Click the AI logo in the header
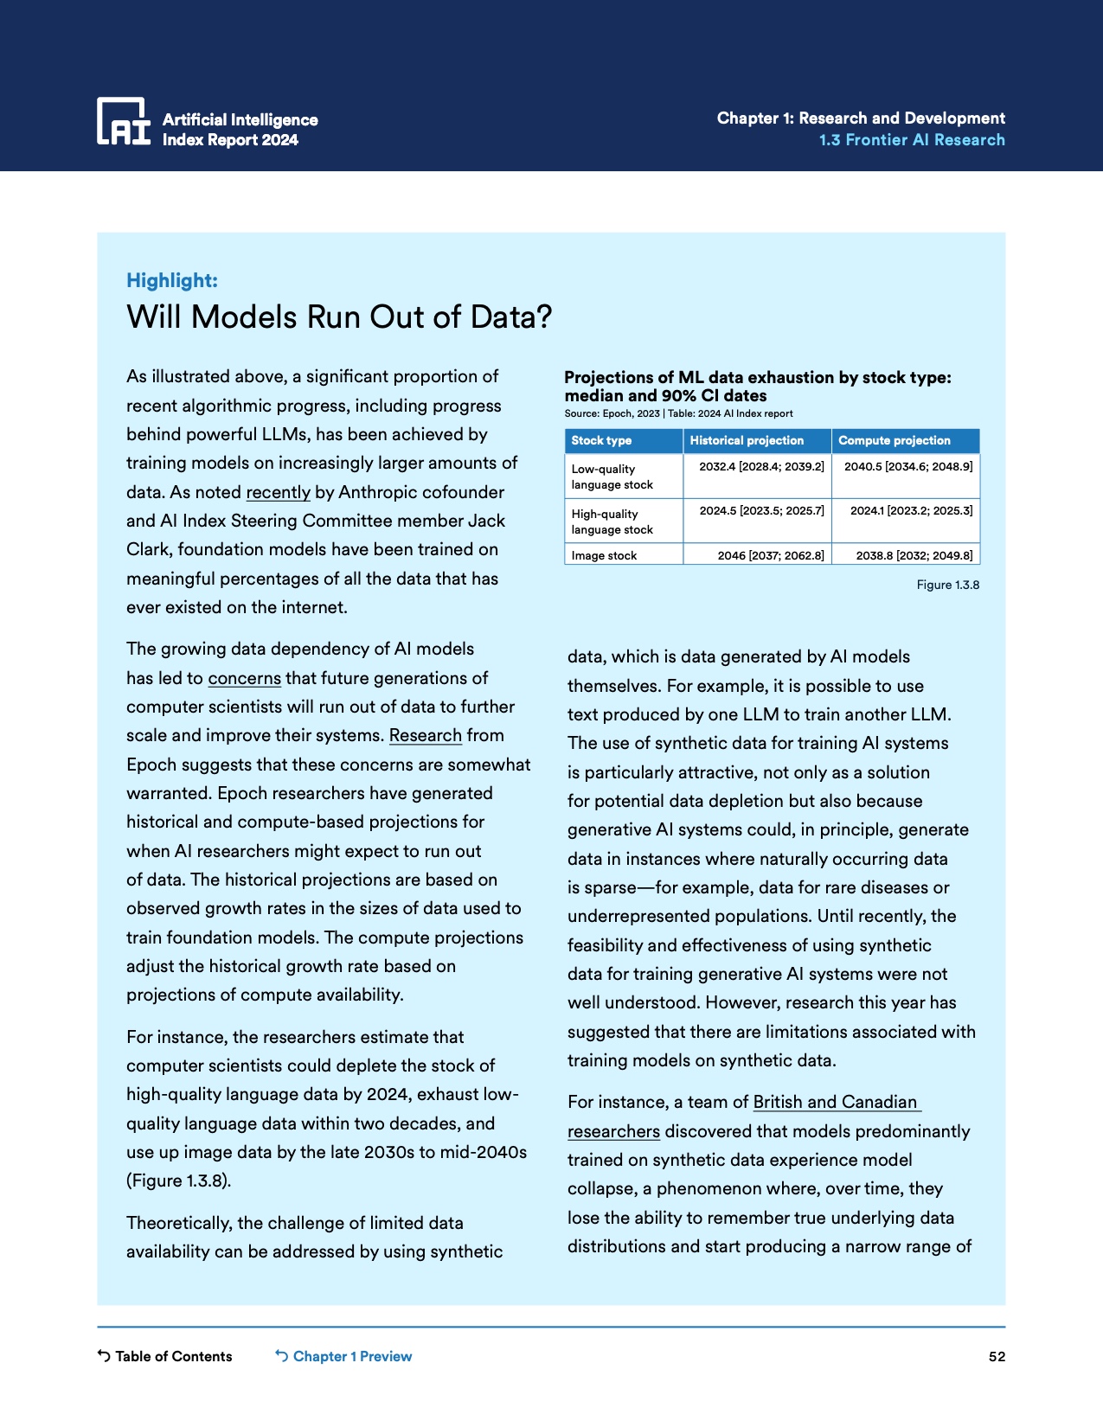pyautogui.click(x=124, y=121)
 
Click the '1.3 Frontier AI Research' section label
pyautogui.click(x=912, y=140)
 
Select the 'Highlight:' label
pyautogui.click(x=172, y=280)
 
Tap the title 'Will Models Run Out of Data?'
pyautogui.click(x=339, y=317)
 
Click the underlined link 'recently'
pyautogui.click(x=278, y=492)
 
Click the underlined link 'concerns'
pyautogui.click(x=244, y=678)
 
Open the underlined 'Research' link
pyautogui.click(x=425, y=736)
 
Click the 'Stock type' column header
pyautogui.click(x=601, y=440)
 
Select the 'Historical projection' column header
pyautogui.click(x=747, y=440)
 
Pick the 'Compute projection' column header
pyautogui.click(x=894, y=440)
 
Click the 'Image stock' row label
pyautogui.click(x=604, y=555)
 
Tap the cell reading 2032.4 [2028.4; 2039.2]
pyautogui.click(x=761, y=467)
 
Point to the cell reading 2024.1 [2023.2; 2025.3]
pyautogui.click(x=911, y=511)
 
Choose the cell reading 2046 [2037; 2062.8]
pyautogui.click(x=770, y=555)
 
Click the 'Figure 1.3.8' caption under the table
pyautogui.click(x=947, y=586)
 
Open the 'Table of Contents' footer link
pyautogui.click(x=173, y=1356)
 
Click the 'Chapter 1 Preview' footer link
pyautogui.click(x=352, y=1356)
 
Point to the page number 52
pyautogui.click(x=997, y=1357)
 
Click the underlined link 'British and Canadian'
pyautogui.click(x=836, y=1103)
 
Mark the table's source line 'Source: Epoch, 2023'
pyautogui.click(x=612, y=414)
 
